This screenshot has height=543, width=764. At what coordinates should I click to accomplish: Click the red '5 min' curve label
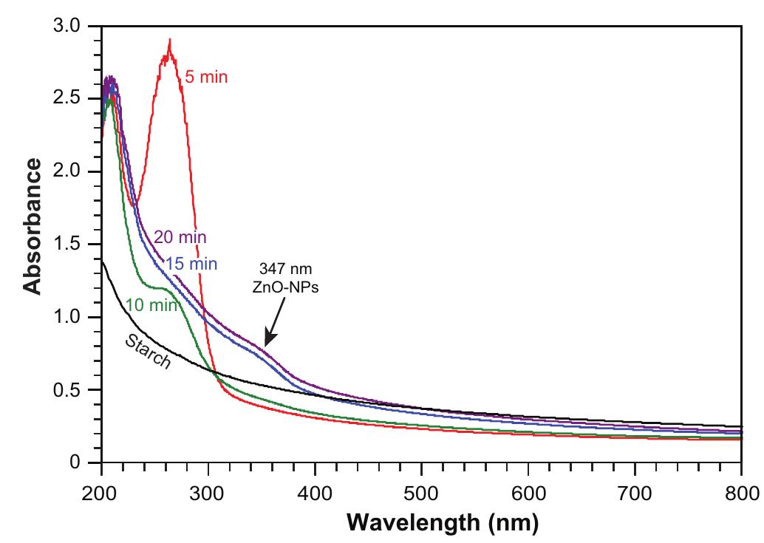coord(207,76)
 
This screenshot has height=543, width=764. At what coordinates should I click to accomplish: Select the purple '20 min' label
coord(180,237)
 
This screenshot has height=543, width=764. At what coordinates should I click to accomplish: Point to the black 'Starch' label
coord(148,352)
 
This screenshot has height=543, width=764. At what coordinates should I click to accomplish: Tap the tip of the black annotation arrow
coord(265,344)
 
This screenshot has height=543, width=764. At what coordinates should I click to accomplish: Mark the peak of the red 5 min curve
coord(170,40)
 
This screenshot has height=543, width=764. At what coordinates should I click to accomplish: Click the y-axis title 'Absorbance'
coord(33,229)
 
